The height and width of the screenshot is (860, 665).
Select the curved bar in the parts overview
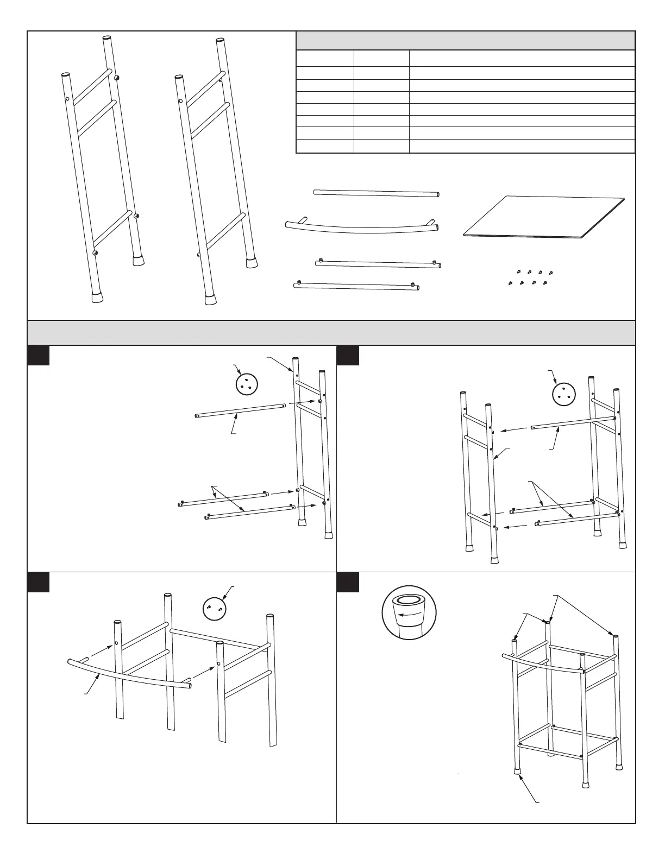coord(361,227)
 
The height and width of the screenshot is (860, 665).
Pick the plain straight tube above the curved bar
coord(376,193)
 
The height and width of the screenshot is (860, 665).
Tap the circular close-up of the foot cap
coord(410,615)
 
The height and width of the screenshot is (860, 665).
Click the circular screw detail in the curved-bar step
coord(214,609)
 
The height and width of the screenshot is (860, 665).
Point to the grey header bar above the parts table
coord(465,41)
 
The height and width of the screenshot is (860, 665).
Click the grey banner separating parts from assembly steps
coord(331,332)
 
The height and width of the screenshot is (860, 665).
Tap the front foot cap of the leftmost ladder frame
coord(97,297)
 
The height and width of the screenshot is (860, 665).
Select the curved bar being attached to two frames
coord(130,674)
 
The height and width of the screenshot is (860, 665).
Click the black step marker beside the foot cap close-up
coord(348,582)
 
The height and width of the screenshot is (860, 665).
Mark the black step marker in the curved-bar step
coord(39,582)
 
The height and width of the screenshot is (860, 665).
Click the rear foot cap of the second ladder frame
coord(251,263)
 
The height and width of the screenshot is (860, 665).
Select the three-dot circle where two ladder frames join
coord(562,395)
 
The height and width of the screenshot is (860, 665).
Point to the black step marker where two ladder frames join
coord(348,356)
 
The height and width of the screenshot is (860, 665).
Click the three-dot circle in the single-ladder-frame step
coord(246,384)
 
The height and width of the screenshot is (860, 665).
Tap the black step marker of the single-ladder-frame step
coord(39,356)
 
